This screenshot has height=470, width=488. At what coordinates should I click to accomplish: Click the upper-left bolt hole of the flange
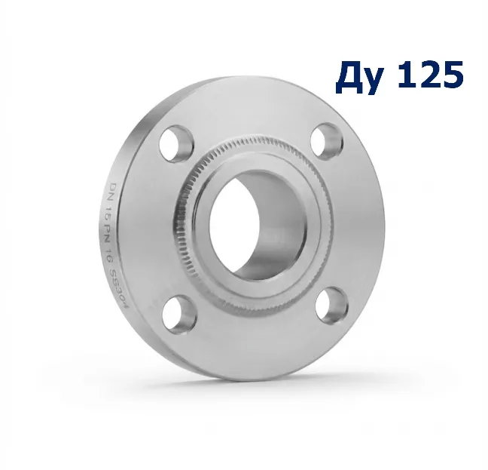pos(176,143)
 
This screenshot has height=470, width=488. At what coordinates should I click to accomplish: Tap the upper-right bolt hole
pos(327,142)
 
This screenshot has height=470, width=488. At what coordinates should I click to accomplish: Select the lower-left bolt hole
pos(179,313)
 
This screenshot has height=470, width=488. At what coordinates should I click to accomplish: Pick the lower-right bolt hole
pos(332,306)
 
